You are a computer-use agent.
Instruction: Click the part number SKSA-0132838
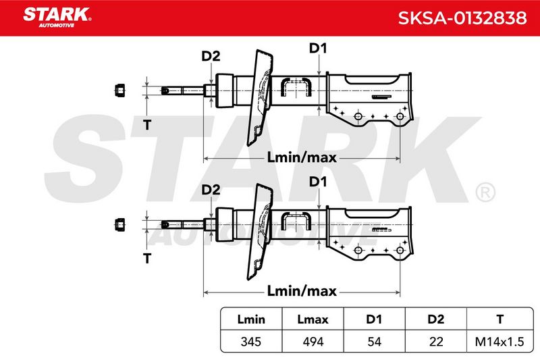click(462, 18)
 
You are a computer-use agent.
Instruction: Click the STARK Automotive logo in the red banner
click(57, 18)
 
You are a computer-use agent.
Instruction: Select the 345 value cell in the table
click(251, 342)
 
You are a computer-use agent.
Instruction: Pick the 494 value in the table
click(313, 342)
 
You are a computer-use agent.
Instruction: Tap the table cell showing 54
click(375, 342)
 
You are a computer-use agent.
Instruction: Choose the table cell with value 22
click(436, 342)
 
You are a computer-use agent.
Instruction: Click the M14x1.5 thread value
click(500, 342)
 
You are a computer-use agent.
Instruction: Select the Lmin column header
click(251, 319)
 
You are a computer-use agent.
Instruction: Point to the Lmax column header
click(313, 319)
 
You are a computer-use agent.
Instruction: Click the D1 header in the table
click(375, 319)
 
